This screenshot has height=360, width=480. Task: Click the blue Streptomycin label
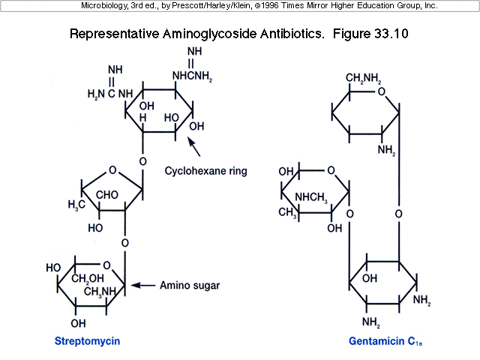[87, 341]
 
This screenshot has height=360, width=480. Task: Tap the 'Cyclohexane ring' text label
[205, 171]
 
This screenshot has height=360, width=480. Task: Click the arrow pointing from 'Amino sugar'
[144, 285]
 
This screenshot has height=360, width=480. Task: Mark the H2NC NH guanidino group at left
[109, 93]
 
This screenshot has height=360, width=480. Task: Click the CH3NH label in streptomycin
[100, 291]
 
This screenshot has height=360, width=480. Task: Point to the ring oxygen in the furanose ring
[112, 170]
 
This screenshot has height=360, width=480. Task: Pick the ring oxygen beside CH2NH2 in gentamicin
[382, 92]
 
